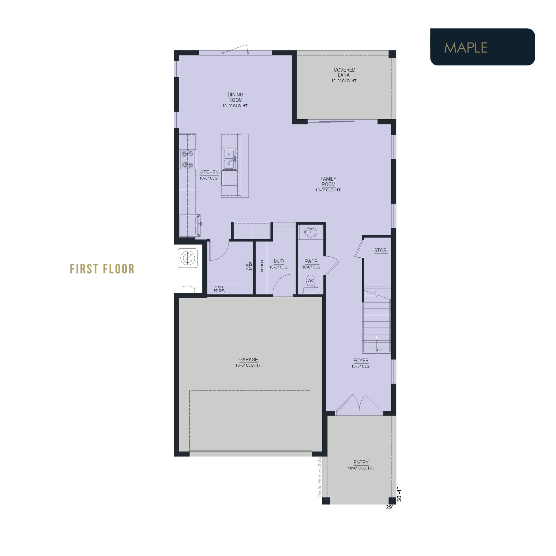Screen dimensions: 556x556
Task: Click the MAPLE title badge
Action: click(482, 47)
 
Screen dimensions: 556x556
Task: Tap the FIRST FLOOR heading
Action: click(102, 269)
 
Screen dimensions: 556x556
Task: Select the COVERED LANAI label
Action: click(344, 72)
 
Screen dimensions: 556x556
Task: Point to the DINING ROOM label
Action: click(235, 97)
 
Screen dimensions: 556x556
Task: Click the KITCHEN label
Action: click(209, 172)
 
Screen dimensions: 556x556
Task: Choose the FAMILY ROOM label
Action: click(328, 182)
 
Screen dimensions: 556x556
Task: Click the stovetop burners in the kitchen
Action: click(187, 159)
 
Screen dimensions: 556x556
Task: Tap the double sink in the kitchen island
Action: click(230, 159)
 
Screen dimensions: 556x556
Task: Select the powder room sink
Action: click(311, 232)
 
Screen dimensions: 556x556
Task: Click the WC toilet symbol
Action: click(311, 284)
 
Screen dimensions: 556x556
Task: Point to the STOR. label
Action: click(381, 250)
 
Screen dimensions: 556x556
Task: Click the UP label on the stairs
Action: click(379, 350)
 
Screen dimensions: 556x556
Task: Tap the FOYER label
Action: click(361, 361)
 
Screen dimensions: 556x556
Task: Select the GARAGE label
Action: click(248, 359)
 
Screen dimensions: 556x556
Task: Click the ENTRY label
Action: click(361, 462)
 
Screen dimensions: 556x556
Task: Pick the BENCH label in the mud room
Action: click(262, 266)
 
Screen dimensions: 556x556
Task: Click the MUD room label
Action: click(279, 261)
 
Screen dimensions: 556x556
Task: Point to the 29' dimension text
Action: click(389, 507)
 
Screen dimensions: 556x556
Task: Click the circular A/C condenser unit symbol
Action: click(188, 258)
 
